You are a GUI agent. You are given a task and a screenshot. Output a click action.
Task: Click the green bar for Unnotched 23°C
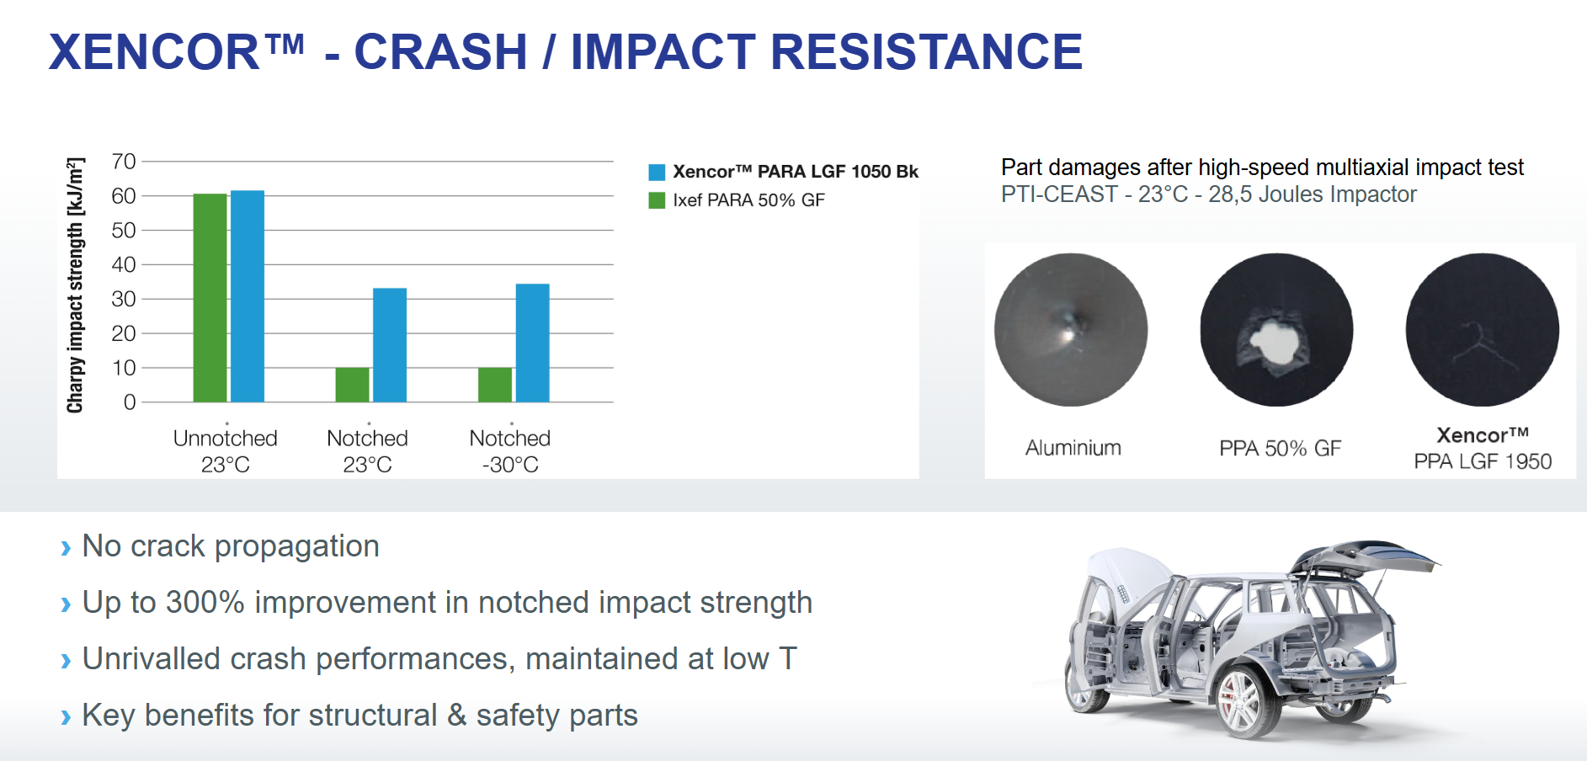(210, 298)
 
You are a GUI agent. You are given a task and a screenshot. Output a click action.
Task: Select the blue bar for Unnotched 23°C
(248, 296)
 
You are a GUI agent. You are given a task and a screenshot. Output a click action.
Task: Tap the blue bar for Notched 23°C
(390, 345)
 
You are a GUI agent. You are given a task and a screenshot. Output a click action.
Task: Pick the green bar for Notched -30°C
(495, 385)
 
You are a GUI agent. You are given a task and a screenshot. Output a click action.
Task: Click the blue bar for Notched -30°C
(532, 343)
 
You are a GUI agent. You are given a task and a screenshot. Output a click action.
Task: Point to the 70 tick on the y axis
(124, 162)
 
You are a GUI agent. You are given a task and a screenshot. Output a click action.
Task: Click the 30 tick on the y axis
(124, 299)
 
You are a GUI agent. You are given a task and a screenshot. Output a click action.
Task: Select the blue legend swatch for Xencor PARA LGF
(657, 173)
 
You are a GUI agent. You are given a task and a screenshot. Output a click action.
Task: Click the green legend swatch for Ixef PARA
(657, 200)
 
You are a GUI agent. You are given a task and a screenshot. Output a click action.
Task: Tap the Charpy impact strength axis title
(76, 285)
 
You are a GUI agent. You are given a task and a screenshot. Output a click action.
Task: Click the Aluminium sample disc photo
(1071, 330)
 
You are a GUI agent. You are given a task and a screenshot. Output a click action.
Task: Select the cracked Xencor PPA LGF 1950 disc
(1482, 330)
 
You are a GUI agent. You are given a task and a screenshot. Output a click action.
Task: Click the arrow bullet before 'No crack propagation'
(66, 549)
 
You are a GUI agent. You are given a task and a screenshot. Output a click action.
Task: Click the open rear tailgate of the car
(1364, 560)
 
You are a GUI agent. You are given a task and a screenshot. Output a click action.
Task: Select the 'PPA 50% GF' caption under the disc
(1280, 449)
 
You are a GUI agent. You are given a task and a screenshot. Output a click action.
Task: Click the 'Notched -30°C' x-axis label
(510, 451)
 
